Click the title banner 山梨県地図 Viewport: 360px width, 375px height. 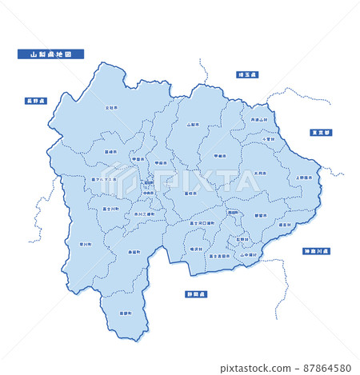[x=50, y=54]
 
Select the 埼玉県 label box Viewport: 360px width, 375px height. [x=246, y=74]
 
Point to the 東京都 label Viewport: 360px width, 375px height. [x=322, y=133]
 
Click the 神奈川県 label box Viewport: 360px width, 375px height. [x=317, y=251]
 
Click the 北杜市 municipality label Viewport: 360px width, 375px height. [x=111, y=106]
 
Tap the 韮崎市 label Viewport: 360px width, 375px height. [x=110, y=151]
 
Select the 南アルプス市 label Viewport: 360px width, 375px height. [x=104, y=179]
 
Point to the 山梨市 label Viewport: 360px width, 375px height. [x=192, y=125]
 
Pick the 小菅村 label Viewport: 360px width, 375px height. [x=270, y=139]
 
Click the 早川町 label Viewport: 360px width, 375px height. [x=86, y=244]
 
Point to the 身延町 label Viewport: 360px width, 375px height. [x=134, y=252]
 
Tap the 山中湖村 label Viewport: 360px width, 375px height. [x=248, y=255]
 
